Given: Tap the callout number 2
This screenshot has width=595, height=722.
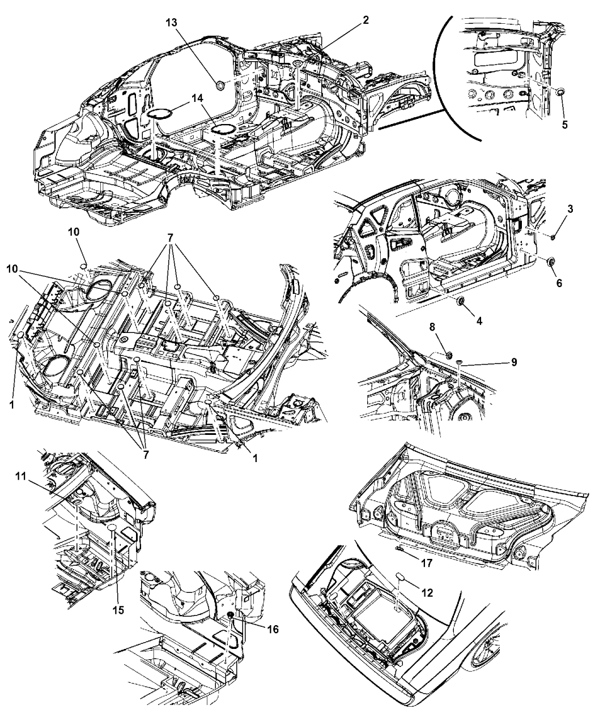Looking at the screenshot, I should click(366, 20).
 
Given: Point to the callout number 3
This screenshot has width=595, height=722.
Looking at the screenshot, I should click(570, 209).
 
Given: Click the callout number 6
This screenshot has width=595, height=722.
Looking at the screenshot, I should click(559, 283).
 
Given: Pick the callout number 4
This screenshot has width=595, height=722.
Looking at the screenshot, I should click(479, 321).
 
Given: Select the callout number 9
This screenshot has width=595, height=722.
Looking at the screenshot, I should click(513, 362).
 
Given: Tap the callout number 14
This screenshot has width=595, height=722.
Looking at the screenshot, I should click(197, 97).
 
